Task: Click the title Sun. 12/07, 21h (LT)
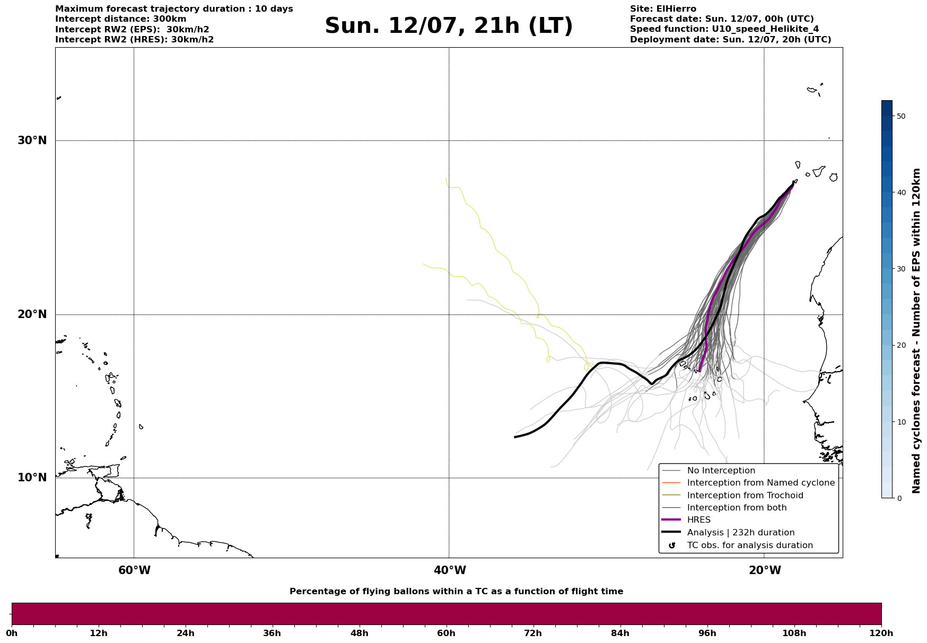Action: pyautogui.click(x=449, y=26)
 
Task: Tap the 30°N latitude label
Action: pyautogui.click(x=32, y=140)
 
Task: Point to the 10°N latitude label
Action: pyautogui.click(x=32, y=478)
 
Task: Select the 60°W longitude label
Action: pyautogui.click(x=134, y=570)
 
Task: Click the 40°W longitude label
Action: pyautogui.click(x=450, y=570)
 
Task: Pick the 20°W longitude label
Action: pyautogui.click(x=765, y=570)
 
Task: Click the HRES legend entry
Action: pyautogui.click(x=699, y=520)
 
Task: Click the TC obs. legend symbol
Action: pyautogui.click(x=672, y=545)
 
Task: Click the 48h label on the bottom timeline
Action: pyautogui.click(x=359, y=633)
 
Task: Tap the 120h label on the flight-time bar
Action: pyautogui.click(x=881, y=633)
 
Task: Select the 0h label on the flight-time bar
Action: pyautogui.click(x=12, y=633)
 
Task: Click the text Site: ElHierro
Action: pyautogui.click(x=663, y=9)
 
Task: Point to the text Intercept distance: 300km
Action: pyautogui.click(x=121, y=19)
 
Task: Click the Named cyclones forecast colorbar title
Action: pyautogui.click(x=916, y=331)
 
